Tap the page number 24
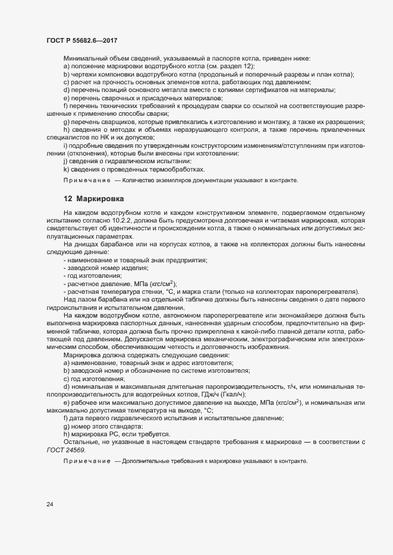coord(49,505)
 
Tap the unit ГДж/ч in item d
coord(197,394)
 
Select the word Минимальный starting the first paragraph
coord(84,58)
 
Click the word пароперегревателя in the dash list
coord(329,291)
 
